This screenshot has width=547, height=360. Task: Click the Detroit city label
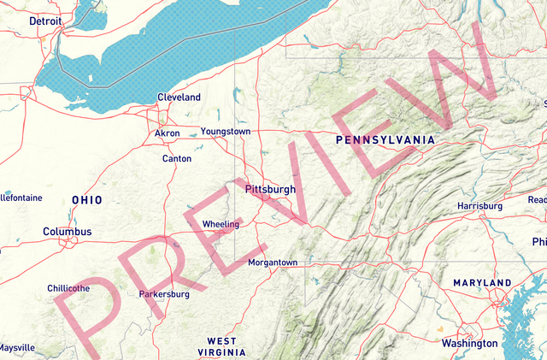coord(45,21)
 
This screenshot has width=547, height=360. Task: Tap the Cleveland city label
coord(179,97)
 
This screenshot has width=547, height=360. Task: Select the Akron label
coord(167,133)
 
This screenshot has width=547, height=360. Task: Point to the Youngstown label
coord(226,132)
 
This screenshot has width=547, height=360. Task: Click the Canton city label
coord(176,158)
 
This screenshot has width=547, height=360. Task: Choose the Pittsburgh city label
coord(269,189)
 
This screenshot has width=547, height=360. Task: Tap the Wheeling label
coord(221,225)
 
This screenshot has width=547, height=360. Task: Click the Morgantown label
coord(273,263)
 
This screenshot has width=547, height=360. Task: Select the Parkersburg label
coord(164,294)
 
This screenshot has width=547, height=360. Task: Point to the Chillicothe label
coord(68,288)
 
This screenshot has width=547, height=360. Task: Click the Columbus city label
coord(68,232)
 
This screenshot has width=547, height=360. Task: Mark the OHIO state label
coord(87,200)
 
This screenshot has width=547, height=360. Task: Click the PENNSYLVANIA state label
coord(385,139)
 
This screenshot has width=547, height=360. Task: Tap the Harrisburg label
coord(479,207)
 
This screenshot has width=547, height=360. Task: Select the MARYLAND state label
coord(482,283)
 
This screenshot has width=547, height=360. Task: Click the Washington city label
coord(469,343)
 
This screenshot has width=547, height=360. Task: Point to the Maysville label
coord(17,348)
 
